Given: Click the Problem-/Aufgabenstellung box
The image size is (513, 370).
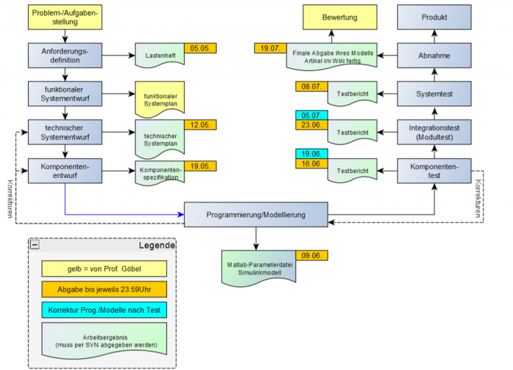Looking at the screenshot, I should click(65, 17).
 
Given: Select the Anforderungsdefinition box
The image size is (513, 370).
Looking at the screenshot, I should click(65, 56).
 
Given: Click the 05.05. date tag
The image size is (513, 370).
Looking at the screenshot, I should click(200, 48).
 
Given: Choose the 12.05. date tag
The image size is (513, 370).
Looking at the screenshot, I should click(200, 125).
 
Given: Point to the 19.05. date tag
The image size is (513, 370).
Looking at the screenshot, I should click(200, 165).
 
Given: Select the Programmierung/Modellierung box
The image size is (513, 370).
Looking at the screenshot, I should click(255, 215).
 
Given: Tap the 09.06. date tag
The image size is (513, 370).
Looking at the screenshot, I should click(311, 256).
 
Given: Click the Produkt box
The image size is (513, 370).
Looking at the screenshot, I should click(434, 17).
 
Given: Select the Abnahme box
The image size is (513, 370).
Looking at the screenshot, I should click(434, 56).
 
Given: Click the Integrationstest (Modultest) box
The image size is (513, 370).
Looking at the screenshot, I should click(434, 133).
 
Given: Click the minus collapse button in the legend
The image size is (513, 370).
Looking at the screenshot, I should click(35, 245).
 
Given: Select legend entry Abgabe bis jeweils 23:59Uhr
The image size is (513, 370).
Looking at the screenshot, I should click(103, 289).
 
